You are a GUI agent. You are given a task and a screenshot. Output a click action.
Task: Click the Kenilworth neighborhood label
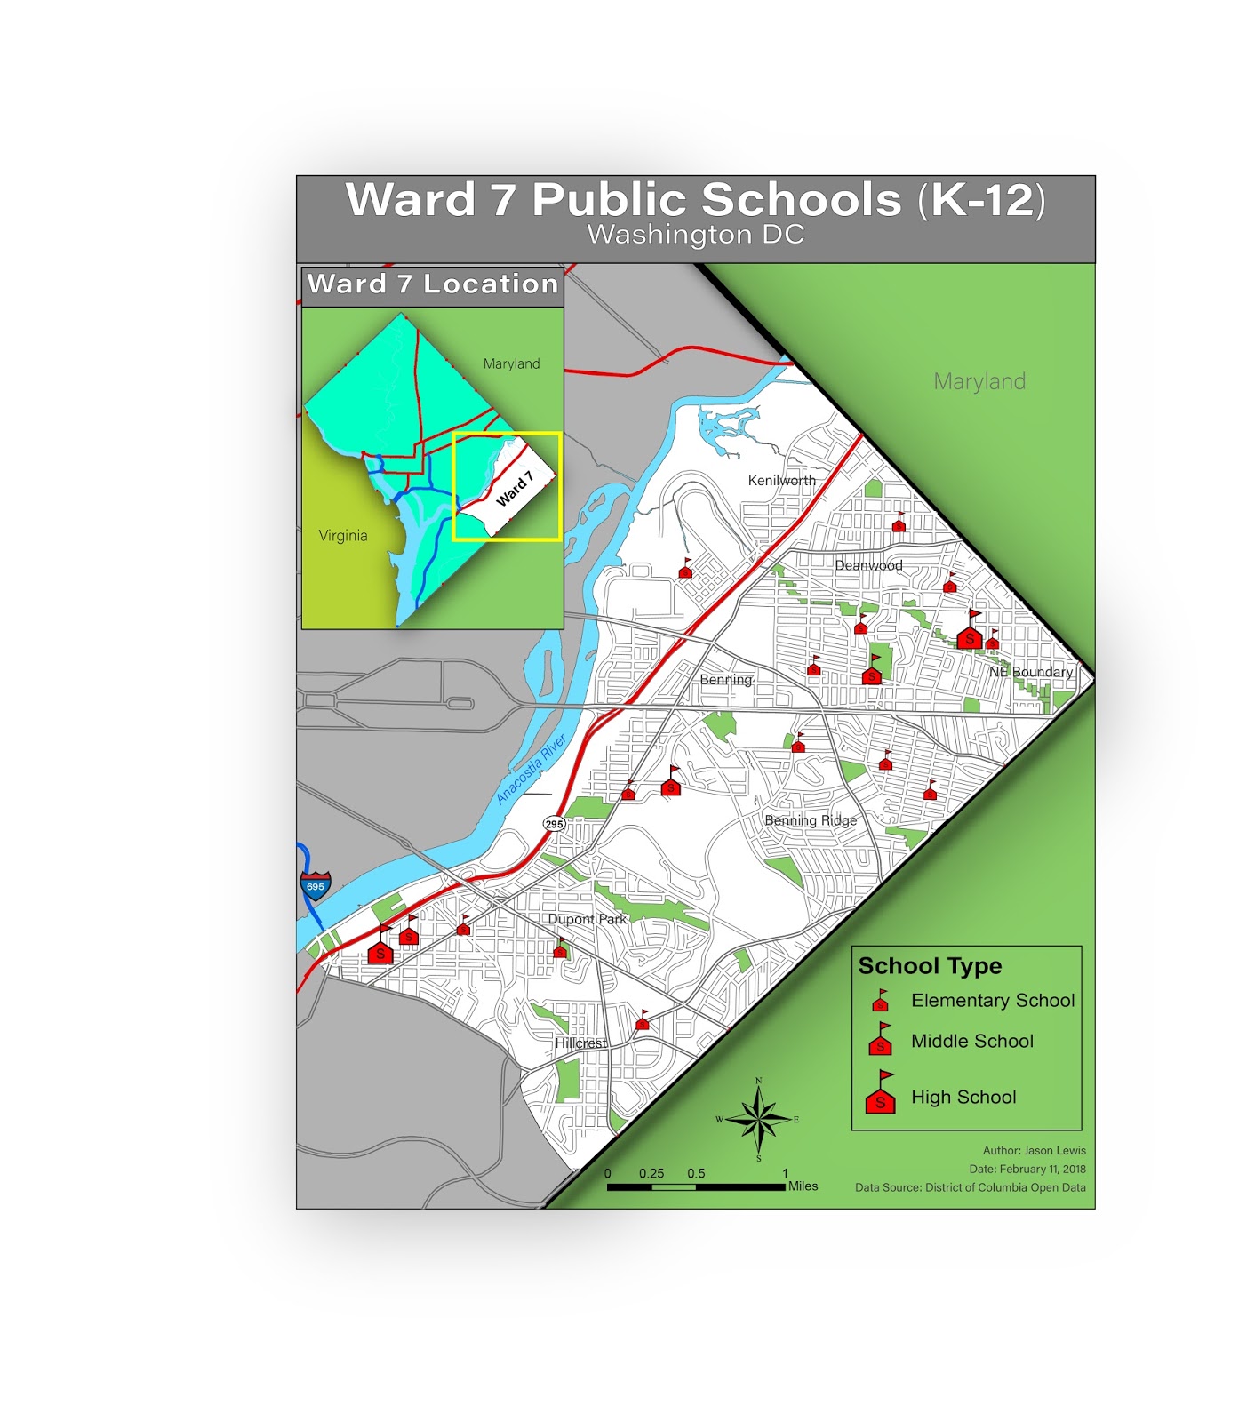[x=781, y=481]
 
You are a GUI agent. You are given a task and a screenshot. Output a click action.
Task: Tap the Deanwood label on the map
[x=868, y=565]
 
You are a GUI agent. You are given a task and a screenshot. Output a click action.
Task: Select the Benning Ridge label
[x=811, y=820]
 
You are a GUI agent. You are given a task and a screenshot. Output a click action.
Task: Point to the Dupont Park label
[x=587, y=919]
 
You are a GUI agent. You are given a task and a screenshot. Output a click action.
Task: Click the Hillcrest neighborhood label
[x=580, y=1043]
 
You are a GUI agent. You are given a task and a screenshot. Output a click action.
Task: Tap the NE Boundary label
[x=1031, y=672]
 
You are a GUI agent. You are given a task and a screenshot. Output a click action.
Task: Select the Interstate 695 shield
[x=316, y=885]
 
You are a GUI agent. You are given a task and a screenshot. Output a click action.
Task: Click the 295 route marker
[x=554, y=824]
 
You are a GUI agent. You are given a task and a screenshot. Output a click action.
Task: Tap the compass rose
[x=758, y=1119]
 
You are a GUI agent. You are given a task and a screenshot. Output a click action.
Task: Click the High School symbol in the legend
[x=881, y=1094]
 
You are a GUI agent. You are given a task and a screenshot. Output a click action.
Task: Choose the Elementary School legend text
[x=992, y=1001]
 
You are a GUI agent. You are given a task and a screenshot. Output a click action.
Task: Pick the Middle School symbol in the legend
[x=881, y=1041]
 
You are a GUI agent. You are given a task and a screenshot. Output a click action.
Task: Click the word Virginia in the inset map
[x=343, y=536]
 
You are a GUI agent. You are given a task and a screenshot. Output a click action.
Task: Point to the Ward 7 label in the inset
[x=514, y=490]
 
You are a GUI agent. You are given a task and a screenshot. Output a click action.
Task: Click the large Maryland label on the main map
[x=979, y=382]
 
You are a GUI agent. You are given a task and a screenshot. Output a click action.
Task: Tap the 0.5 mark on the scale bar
[x=696, y=1174]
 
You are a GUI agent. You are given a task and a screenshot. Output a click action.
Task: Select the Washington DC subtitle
[x=695, y=235]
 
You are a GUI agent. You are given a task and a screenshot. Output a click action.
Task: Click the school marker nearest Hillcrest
[x=643, y=1022]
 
